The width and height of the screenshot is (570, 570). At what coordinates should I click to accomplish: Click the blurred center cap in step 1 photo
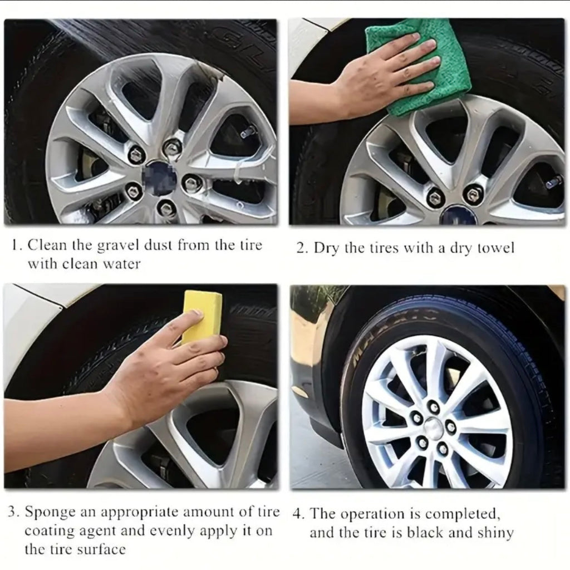pyautogui.click(x=162, y=179)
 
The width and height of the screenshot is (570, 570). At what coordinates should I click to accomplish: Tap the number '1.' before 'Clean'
pyautogui.click(x=17, y=245)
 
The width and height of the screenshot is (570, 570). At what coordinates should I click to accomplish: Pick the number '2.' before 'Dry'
pyautogui.click(x=302, y=248)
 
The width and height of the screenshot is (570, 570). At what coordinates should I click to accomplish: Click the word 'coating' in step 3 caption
pyautogui.click(x=51, y=530)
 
